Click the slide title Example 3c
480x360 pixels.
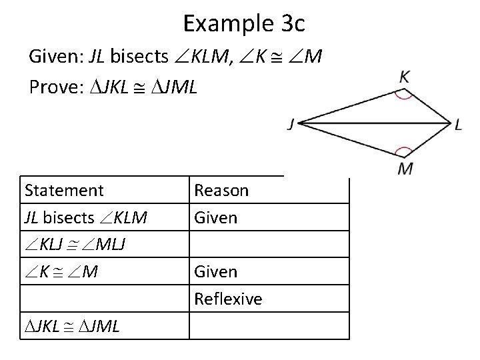(243, 24)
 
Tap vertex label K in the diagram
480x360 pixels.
(405, 77)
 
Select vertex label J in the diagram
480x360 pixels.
(292, 124)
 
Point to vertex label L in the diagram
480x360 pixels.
(458, 125)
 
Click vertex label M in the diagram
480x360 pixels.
(405, 169)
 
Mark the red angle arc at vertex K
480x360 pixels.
(404, 93)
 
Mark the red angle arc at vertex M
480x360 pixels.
(404, 153)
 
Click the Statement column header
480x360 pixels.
(64, 191)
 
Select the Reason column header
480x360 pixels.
(221, 191)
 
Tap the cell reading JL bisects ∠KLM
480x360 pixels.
(86, 217)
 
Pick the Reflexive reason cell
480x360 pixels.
(228, 299)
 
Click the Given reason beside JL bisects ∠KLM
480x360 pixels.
(215, 217)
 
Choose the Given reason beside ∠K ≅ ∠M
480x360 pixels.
(215, 272)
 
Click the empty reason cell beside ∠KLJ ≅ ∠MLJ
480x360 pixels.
(268, 245)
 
